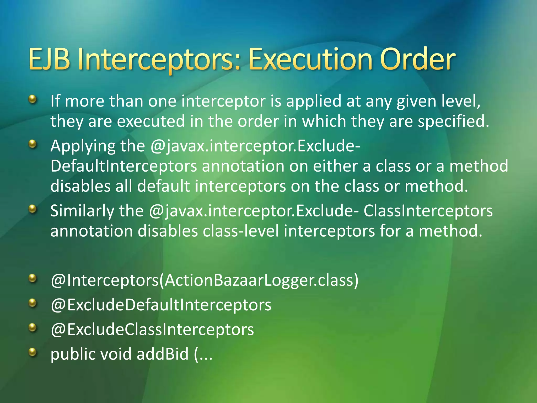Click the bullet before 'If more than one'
(x=33, y=99)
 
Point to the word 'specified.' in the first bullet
(x=453, y=121)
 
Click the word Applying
(x=83, y=146)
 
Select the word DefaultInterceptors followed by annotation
(x=123, y=166)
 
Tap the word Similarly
(x=82, y=211)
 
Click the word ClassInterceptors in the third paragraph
(x=428, y=211)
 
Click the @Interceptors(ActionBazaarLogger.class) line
(x=205, y=280)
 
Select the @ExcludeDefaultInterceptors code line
(x=161, y=305)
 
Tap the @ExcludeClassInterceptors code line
(x=152, y=330)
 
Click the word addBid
(x=163, y=354)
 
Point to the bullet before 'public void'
(x=33, y=352)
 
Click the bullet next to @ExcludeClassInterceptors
(x=33, y=327)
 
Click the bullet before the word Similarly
(x=33, y=209)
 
